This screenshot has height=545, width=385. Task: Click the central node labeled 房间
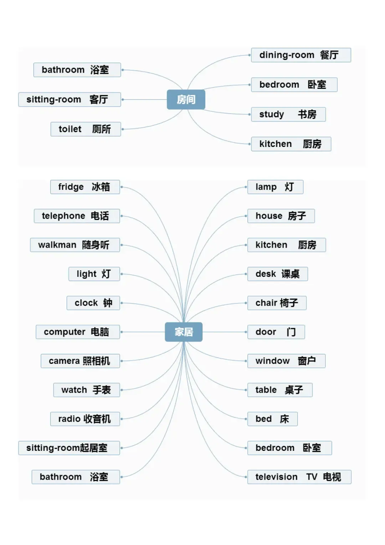point(186,100)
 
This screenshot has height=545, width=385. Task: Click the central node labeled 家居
point(184,332)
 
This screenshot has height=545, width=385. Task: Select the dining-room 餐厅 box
point(301,55)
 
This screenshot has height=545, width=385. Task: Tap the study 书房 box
point(288,114)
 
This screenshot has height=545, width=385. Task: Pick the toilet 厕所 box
point(86,129)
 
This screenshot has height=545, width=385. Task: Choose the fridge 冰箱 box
point(85,187)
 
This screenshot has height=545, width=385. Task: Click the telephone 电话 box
point(77,216)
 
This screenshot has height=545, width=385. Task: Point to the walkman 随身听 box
point(75,245)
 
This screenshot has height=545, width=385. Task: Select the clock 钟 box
point(93,303)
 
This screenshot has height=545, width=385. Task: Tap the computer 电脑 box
point(78,332)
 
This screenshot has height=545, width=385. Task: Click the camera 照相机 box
point(80,361)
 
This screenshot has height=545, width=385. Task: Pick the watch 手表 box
point(87,390)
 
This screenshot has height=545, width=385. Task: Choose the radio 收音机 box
point(85,419)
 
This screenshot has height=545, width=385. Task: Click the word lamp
point(266,187)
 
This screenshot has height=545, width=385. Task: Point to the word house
point(269,216)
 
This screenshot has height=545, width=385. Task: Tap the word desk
point(266,274)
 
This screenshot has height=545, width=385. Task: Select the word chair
point(266,303)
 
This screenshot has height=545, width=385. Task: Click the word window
point(272,361)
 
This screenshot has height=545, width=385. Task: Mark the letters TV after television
point(312,477)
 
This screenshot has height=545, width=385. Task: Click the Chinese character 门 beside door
point(291,332)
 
